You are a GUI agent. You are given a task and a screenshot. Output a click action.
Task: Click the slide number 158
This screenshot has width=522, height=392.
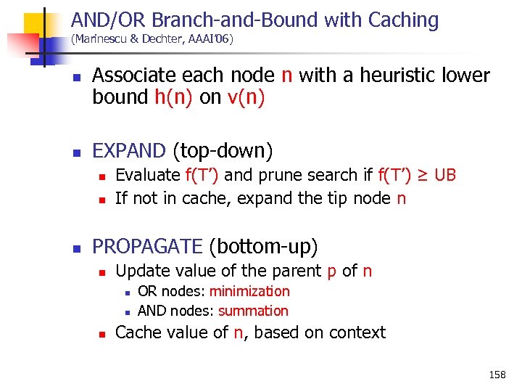(x=497, y=375)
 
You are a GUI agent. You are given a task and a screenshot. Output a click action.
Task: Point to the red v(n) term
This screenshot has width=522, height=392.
(x=244, y=97)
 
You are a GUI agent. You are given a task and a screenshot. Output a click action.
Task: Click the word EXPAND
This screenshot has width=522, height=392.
(x=129, y=150)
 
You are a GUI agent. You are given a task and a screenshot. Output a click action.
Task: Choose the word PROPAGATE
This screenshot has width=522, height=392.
(x=147, y=247)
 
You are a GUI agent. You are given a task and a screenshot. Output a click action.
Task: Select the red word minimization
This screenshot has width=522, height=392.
(x=249, y=291)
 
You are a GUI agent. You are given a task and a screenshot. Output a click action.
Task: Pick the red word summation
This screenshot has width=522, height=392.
(x=253, y=311)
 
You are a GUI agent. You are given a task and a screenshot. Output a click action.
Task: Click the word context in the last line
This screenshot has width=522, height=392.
(x=357, y=332)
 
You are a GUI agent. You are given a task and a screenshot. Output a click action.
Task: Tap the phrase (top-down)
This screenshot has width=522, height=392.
(x=223, y=150)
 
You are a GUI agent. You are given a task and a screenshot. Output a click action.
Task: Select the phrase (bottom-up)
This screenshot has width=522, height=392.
(x=262, y=247)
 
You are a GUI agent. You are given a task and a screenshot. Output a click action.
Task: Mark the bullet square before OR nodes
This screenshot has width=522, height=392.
(x=127, y=293)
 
